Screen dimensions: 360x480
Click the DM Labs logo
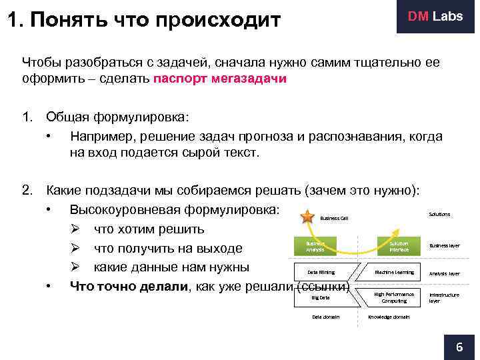[434, 17]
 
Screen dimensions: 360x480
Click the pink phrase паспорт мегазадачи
[220, 79]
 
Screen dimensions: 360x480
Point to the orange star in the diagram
[307, 216]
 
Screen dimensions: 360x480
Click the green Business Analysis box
[315, 246]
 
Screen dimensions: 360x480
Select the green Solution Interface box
[399, 246]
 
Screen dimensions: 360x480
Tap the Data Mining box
[321, 272]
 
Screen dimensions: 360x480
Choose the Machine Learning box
[394, 272]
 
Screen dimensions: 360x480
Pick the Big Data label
[321, 297]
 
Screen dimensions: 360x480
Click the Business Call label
[334, 218]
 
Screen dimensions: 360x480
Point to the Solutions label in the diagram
[439, 214]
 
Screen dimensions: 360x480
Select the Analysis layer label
[444, 273]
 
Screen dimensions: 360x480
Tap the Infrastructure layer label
[443, 297]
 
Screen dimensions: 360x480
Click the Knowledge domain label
[389, 317]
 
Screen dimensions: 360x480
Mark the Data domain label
[326, 317]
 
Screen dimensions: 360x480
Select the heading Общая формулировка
[117, 117]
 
